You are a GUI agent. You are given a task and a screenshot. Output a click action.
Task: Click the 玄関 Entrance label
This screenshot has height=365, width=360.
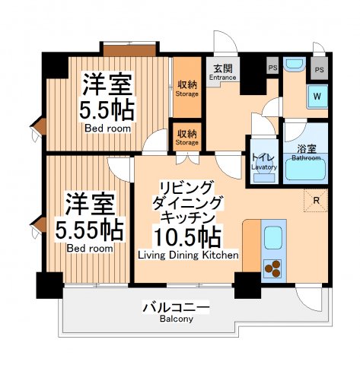pos(223,71)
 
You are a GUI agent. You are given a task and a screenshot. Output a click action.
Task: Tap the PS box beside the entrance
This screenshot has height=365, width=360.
pos(272,68)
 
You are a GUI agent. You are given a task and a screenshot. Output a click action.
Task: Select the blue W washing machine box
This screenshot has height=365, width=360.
pos(317,97)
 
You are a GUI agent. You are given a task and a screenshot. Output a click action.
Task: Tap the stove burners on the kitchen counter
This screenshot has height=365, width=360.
pos(272,268)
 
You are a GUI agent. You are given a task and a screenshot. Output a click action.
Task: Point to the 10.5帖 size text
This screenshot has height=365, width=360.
pos(187,235)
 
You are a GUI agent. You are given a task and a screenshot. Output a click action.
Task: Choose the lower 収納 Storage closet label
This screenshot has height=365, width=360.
pos(187,136)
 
